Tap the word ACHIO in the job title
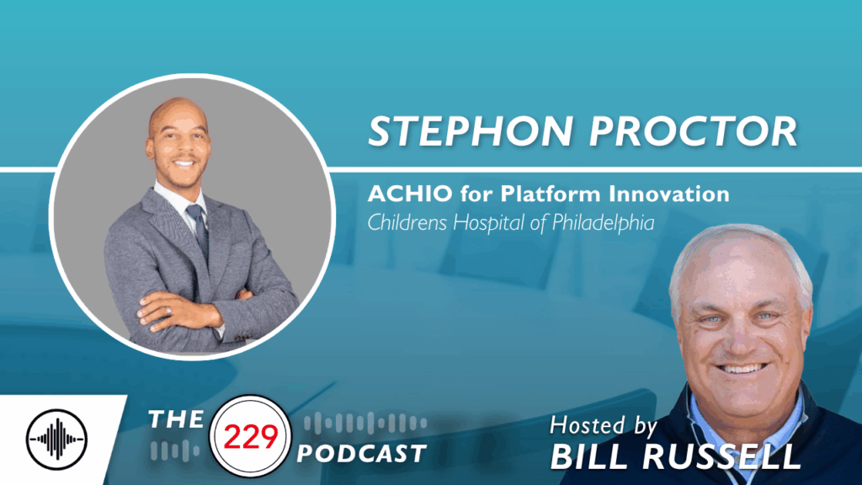tap(400, 194)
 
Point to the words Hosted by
tap(605, 424)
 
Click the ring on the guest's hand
tap(167, 310)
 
